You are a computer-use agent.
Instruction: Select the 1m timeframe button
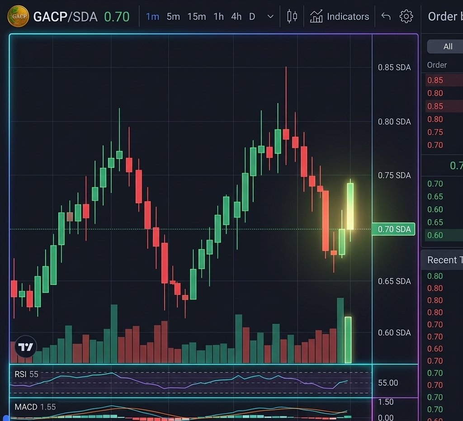[x=152, y=17]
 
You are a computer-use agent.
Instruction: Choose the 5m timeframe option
[x=173, y=17]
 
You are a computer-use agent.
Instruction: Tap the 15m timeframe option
[x=197, y=17]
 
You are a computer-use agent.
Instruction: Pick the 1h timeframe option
[x=219, y=17]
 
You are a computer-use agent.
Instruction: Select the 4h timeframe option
[x=236, y=17]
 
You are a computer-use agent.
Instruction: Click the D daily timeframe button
[x=252, y=17]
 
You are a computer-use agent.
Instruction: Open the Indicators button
[x=340, y=17]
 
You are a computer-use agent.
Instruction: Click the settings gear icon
[x=406, y=17]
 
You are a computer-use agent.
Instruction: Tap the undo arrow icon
[x=386, y=17]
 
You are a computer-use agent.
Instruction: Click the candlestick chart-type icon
[x=292, y=17]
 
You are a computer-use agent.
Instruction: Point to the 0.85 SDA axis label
[x=394, y=67]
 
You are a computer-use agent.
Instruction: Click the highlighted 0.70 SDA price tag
[x=393, y=229]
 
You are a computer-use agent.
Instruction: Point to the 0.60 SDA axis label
[x=394, y=333]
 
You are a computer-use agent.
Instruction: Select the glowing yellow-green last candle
[x=350, y=206]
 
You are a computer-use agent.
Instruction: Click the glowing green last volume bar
[x=348, y=340]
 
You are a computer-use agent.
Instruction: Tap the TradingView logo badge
[x=26, y=347]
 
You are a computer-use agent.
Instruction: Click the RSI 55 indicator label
[x=27, y=374]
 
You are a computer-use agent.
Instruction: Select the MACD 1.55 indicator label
[x=35, y=407]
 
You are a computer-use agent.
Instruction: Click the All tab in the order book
[x=448, y=47]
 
